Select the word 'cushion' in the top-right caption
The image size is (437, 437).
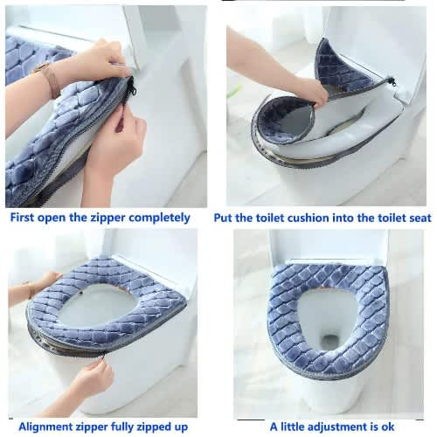tap(308, 218)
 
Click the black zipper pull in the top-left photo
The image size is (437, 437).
tap(130, 88)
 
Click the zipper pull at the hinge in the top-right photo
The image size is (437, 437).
tap(392, 81)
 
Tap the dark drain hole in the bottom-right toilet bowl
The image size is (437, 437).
tap(329, 340)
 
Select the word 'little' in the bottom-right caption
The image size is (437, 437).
tap(294, 427)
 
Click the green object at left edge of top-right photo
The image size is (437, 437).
tap(233, 91)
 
